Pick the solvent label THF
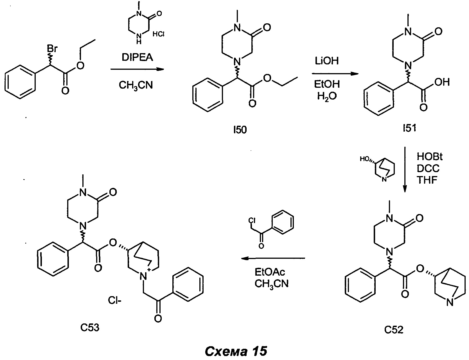point(427,180)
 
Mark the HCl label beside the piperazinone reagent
point(159,34)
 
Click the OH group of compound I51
point(442,82)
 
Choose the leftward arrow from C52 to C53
point(274,258)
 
